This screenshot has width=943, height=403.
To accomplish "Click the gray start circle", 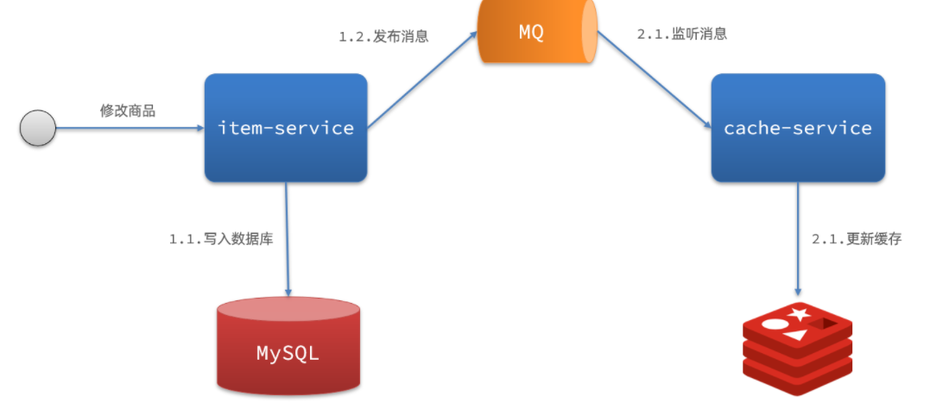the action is tap(38, 128).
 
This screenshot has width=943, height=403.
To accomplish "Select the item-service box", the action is tap(286, 128).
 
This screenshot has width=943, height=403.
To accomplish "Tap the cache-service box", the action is tap(798, 128).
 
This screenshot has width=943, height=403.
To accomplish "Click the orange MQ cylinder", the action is tap(538, 30).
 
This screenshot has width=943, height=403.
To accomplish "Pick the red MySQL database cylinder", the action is tap(288, 344).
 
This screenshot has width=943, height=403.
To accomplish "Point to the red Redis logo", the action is tap(797, 349).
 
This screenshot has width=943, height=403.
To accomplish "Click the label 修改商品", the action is tap(128, 110).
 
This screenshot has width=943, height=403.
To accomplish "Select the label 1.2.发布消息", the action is tap(383, 36).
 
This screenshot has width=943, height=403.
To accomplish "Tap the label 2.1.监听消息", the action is tap(682, 34).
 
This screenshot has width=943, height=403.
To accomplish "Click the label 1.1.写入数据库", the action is tap(221, 239).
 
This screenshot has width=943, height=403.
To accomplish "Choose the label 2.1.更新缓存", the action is tap(857, 239).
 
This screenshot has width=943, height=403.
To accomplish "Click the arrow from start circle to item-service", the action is tap(130, 128).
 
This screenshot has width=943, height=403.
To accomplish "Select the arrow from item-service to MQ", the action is tap(422, 80).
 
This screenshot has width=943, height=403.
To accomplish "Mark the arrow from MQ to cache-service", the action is tap(655, 80).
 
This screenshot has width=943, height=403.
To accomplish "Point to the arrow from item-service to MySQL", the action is tap(288, 239).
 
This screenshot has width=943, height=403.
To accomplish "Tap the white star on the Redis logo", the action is tap(799, 314).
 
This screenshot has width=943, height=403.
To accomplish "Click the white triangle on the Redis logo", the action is tap(795, 335).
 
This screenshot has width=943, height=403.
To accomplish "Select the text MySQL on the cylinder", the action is tap(288, 353).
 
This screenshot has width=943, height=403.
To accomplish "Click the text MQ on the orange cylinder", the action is tap(532, 31).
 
